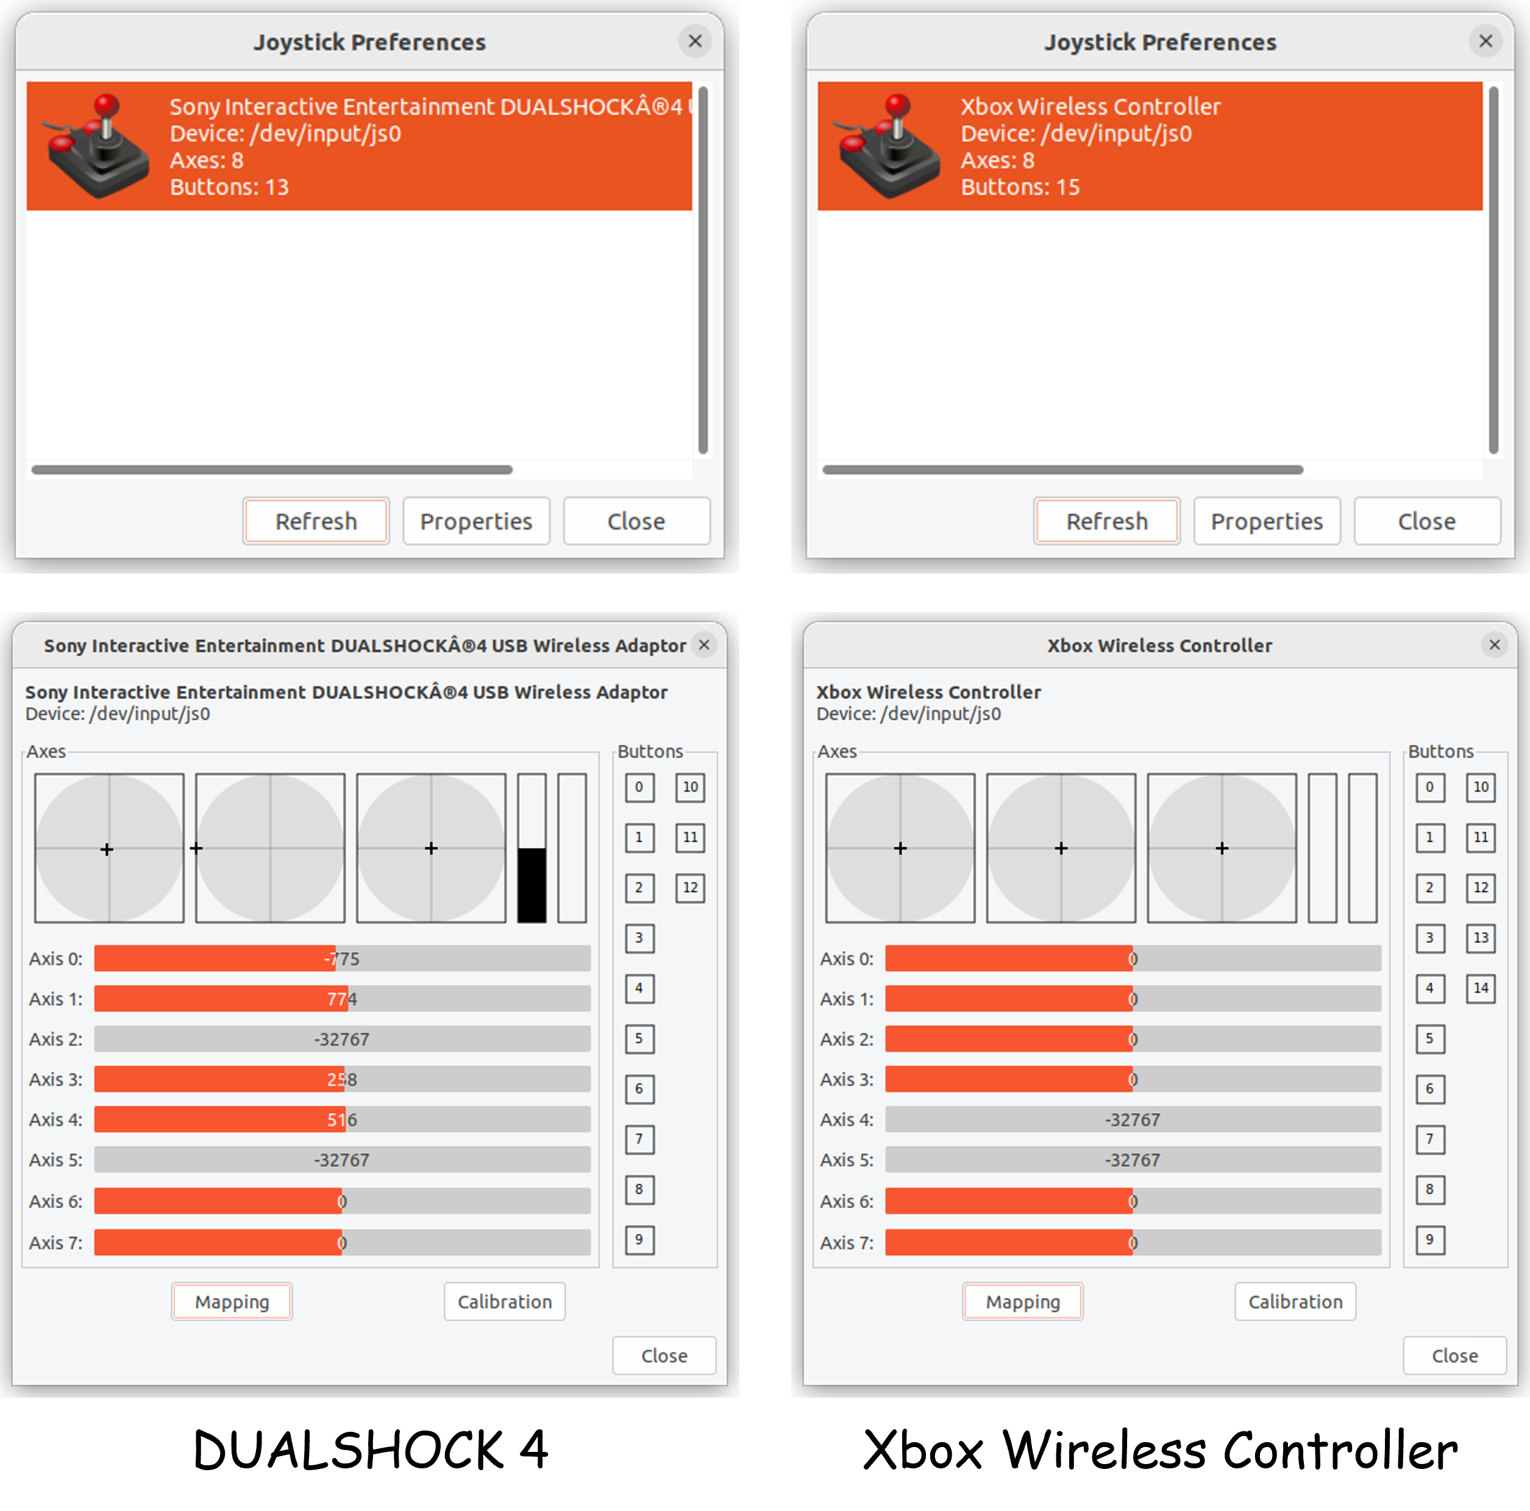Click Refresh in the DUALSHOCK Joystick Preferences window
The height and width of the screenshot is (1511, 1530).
[x=316, y=521]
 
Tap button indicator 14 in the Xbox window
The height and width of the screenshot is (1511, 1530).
[x=1480, y=987]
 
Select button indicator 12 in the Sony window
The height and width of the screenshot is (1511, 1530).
[x=690, y=887]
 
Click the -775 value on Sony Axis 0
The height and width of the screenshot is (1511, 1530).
[x=341, y=958]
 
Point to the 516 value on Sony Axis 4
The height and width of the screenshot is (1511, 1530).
[x=342, y=1119]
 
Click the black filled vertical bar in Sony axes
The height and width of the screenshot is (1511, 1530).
[x=532, y=884]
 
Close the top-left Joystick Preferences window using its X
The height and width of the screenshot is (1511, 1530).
[x=694, y=41]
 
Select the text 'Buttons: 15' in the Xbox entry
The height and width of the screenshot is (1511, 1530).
[x=1020, y=187]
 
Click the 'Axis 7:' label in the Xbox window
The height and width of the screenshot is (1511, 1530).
[x=847, y=1242]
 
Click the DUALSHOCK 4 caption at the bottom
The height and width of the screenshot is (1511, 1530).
[x=371, y=1450]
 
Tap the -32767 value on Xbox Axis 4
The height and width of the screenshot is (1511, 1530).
[x=1133, y=1119]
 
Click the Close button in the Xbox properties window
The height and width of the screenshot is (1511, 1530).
[x=1455, y=1355]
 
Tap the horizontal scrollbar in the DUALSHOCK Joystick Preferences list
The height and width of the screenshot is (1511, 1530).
[x=272, y=469]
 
